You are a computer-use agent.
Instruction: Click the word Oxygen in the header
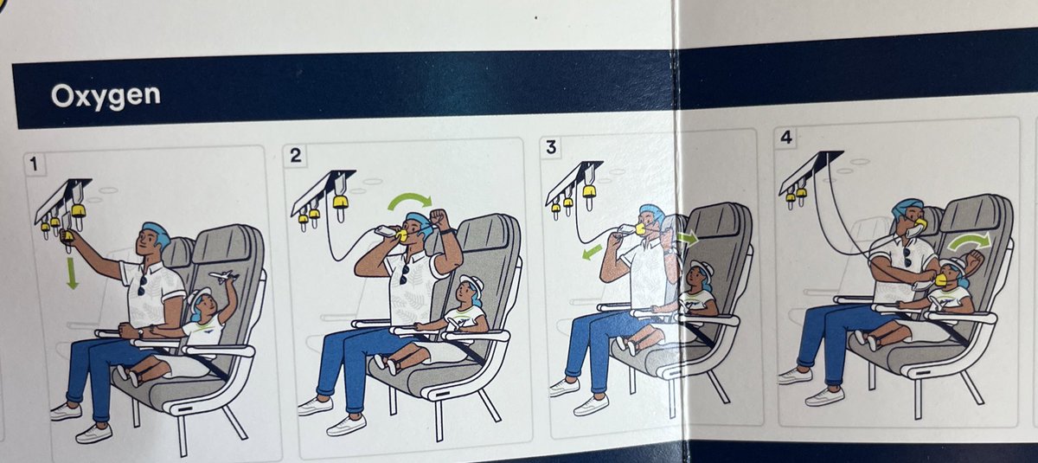tap(106, 96)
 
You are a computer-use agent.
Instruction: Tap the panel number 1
tap(34, 164)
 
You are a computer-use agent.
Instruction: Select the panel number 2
tap(295, 155)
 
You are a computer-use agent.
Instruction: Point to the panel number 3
tap(551, 147)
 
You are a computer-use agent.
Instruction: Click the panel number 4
tap(786, 138)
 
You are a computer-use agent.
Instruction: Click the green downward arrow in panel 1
tap(72, 273)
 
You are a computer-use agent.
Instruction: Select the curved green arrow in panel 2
tap(410, 201)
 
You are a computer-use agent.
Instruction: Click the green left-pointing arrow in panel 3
tap(593, 252)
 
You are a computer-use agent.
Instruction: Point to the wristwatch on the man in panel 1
tap(140, 332)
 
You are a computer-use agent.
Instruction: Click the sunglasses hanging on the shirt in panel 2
tap(405, 274)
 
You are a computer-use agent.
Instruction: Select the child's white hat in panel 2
tap(472, 283)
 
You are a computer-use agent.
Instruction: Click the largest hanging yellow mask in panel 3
tap(588, 191)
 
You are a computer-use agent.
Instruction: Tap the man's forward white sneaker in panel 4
tap(825, 396)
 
